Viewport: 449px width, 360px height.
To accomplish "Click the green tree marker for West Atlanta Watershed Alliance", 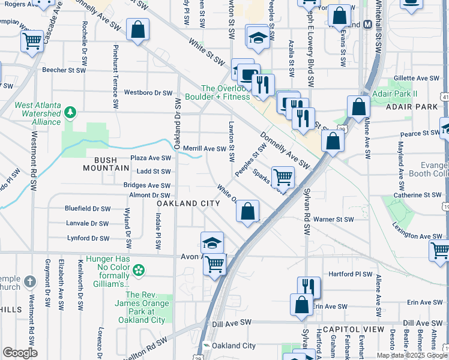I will click(70, 112).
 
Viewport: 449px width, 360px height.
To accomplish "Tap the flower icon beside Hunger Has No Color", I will click(138, 270).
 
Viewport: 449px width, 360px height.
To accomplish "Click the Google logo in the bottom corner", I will click(20, 353).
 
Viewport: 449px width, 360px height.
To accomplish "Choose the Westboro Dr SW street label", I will click(148, 93).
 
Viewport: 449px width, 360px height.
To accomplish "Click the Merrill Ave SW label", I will click(204, 148).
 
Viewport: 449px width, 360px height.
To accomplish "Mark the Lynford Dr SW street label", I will click(88, 238).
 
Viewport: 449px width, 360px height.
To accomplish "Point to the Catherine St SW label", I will click(417, 195).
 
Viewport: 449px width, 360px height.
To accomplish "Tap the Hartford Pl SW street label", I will click(351, 274).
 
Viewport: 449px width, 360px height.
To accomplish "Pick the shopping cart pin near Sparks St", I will click(283, 177).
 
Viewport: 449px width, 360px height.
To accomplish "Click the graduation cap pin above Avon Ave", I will click(212, 242).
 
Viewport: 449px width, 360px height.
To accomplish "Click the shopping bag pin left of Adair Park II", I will click(358, 107).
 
